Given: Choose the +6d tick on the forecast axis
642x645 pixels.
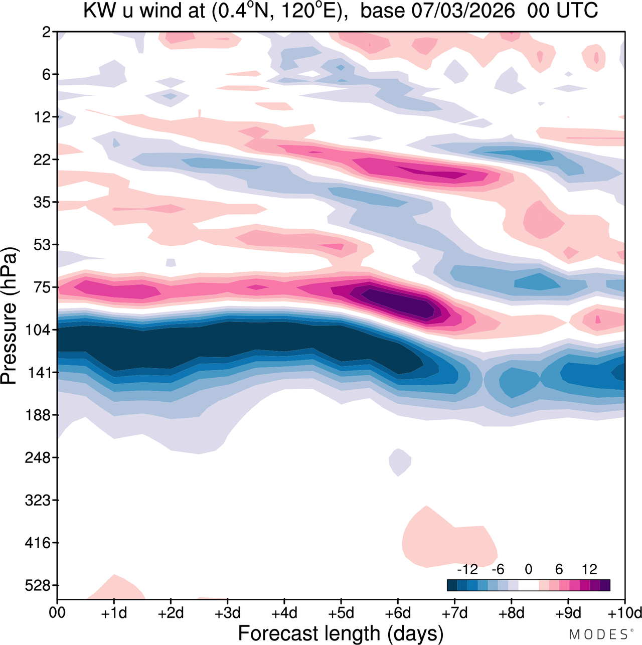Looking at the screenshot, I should pos(398,613).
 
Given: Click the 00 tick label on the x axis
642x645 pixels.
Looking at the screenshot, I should pos(57,613).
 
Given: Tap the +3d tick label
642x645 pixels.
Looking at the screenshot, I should pos(227,613).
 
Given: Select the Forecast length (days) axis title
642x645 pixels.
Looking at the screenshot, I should pos(341,633).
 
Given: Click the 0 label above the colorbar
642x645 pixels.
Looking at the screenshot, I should pos(528,569).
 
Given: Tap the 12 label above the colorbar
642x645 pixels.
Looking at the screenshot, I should pos(589,569).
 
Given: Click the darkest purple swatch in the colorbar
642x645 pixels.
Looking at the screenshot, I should pos(605,585).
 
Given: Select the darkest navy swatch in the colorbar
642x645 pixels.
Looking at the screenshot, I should pos(452,585).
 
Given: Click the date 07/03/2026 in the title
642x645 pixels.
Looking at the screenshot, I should pos(438,11).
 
